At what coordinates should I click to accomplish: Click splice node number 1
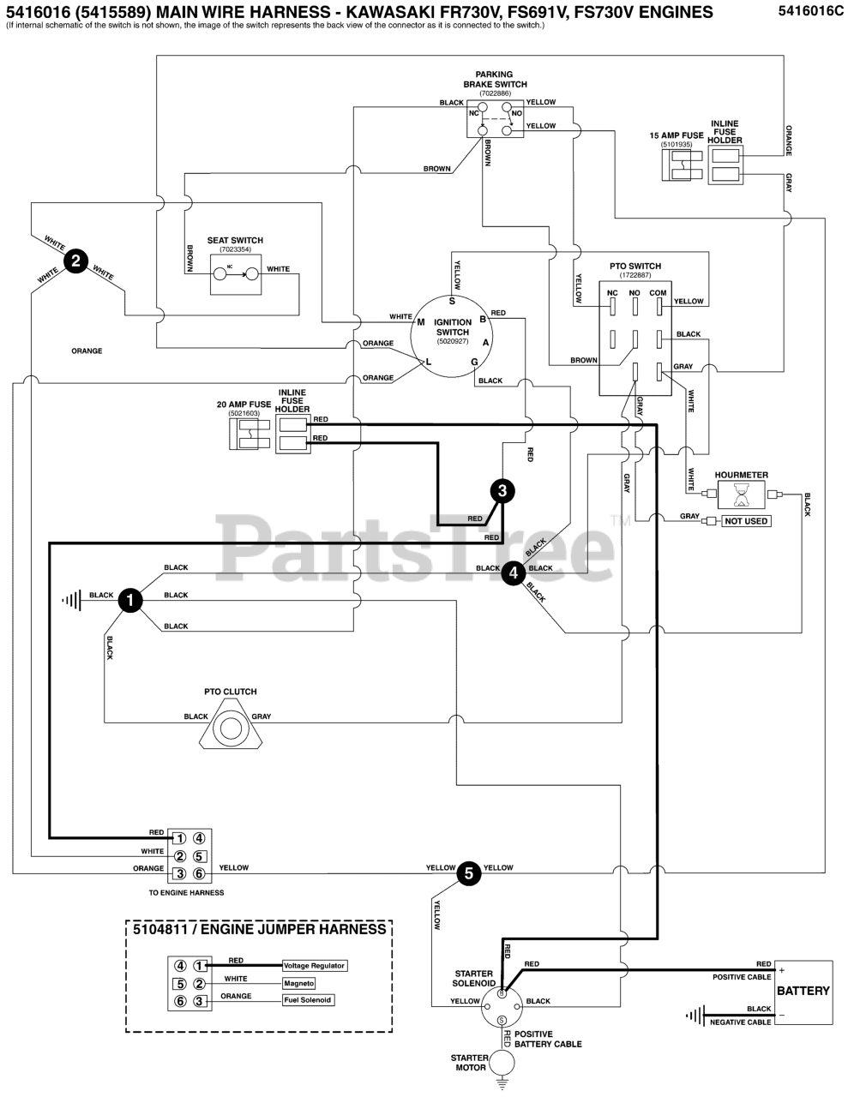(x=130, y=601)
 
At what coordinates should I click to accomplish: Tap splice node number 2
(x=75, y=261)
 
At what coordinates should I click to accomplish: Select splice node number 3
(x=502, y=491)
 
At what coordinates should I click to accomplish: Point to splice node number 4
(x=514, y=573)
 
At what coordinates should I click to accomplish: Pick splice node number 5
(x=469, y=873)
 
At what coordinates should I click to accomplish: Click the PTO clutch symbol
(x=231, y=725)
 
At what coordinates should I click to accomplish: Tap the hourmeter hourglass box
(x=741, y=495)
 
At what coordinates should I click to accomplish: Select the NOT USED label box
(x=746, y=521)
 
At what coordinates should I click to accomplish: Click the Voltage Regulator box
(x=314, y=965)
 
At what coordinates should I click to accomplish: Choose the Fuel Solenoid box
(x=308, y=999)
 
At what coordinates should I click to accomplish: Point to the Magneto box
(x=299, y=983)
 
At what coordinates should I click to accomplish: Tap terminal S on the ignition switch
(x=452, y=302)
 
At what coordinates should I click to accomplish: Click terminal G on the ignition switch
(x=474, y=362)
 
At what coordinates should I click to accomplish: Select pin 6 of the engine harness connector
(x=200, y=873)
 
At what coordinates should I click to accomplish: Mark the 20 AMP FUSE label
(x=244, y=405)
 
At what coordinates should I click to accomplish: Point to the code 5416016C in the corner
(x=810, y=12)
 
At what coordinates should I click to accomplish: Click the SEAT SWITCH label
(x=235, y=240)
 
